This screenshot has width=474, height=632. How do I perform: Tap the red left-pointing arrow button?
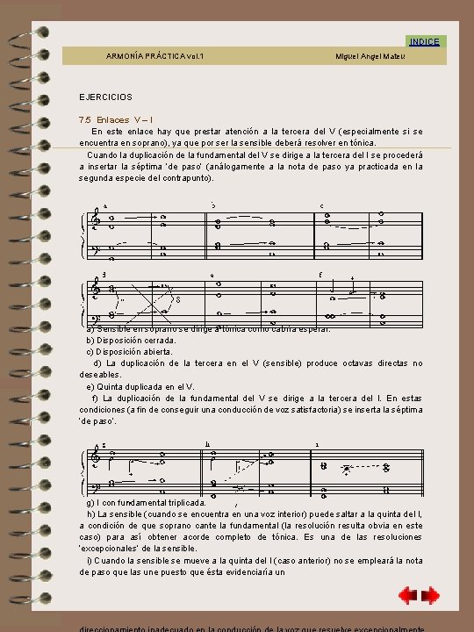(406, 596)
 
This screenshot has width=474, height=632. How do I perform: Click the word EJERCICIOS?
(105, 96)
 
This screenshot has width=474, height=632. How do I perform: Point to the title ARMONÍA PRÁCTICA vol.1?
(154, 57)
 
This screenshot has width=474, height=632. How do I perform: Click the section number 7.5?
(85, 119)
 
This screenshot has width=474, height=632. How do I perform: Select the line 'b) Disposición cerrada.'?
(130, 340)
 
